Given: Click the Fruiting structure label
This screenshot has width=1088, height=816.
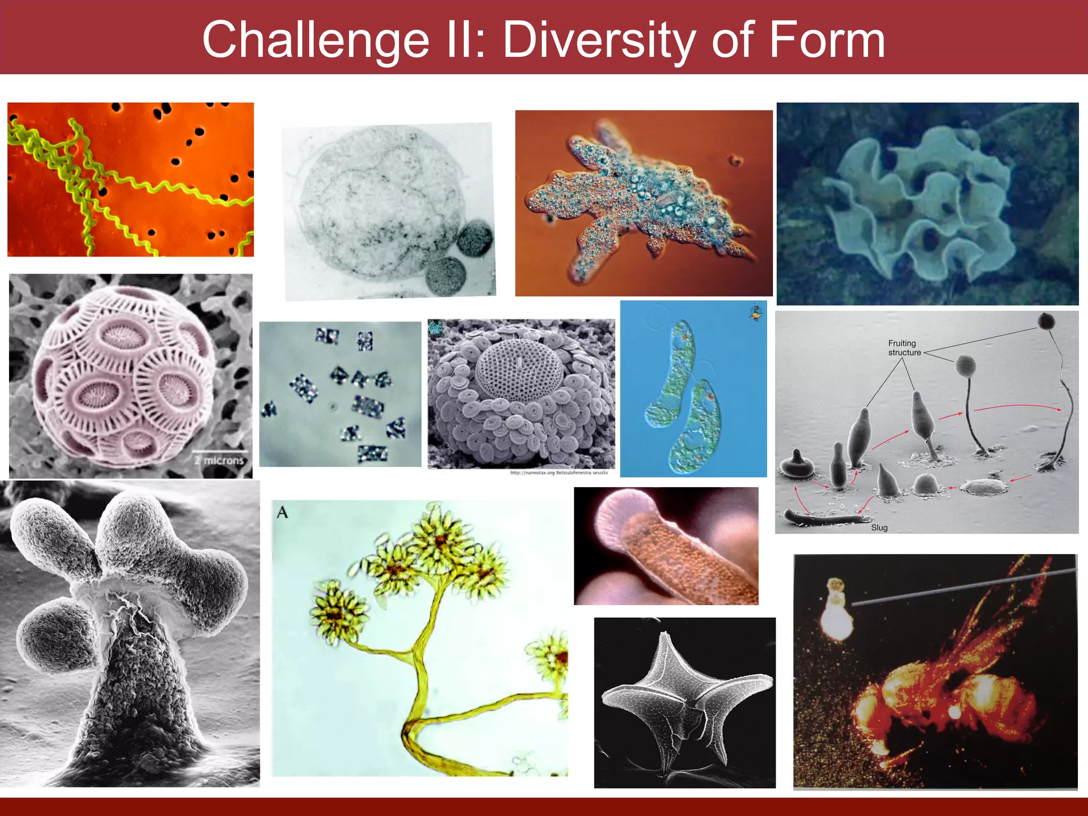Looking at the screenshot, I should (x=904, y=348).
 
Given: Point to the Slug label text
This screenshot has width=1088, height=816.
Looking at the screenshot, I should (x=879, y=528).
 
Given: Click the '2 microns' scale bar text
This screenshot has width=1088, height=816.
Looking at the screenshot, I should (x=219, y=460).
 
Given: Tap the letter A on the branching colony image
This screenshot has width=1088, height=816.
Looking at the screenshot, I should (x=283, y=512).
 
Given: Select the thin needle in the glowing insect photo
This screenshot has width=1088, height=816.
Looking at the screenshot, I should (x=956, y=587).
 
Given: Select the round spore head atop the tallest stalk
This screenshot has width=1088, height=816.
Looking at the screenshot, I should (x=1046, y=321).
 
